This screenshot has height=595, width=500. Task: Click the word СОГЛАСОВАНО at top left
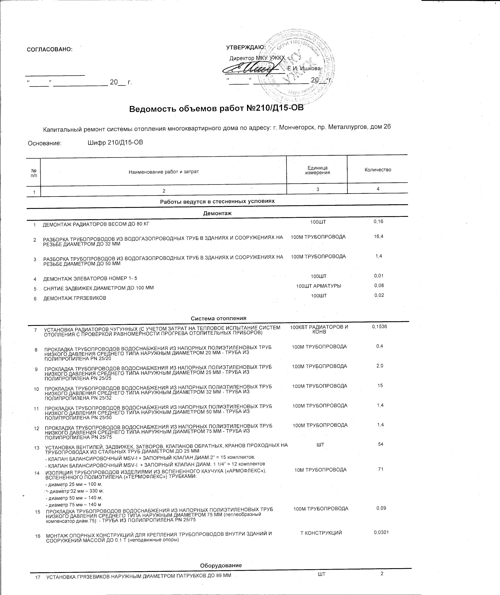pyautogui.click(x=50, y=49)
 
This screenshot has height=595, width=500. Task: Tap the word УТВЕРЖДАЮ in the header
pyautogui.click(x=246, y=47)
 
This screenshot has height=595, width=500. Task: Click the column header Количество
pyautogui.click(x=378, y=170)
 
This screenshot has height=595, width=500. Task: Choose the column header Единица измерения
pyautogui.click(x=318, y=170)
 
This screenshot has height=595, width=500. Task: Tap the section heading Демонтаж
pyautogui.click(x=217, y=213)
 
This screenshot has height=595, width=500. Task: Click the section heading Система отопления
pyautogui.click(x=218, y=318)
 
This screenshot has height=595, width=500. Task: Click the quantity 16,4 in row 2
pyautogui.click(x=379, y=236)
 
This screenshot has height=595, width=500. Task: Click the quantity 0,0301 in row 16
pyautogui.click(x=381, y=532)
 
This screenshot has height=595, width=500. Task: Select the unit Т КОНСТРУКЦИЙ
pyautogui.click(x=321, y=533)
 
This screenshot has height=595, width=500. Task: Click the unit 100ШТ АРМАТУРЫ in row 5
pyautogui.click(x=319, y=286)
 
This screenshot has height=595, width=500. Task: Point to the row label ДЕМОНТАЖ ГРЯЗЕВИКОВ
pyautogui.click(x=75, y=298)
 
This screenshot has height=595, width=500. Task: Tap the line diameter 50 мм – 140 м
pyautogui.click(x=74, y=498)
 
